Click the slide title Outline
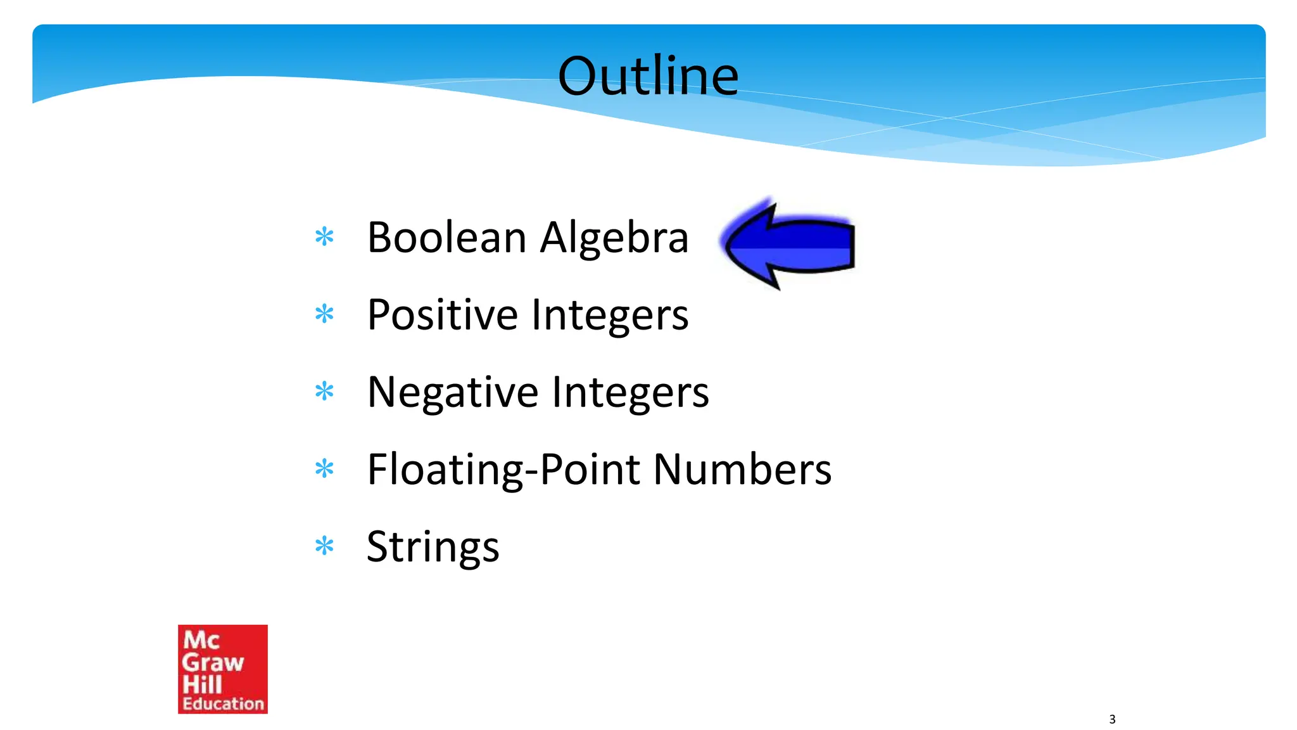(x=648, y=76)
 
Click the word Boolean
(x=447, y=238)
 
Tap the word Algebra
(x=614, y=239)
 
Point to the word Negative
(x=451, y=393)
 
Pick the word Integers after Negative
(x=630, y=393)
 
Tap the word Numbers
(x=742, y=470)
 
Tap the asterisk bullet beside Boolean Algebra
(x=324, y=237)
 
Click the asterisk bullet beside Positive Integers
(x=324, y=314)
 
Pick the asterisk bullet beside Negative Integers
(x=324, y=391)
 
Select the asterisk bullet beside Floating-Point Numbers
(x=324, y=469)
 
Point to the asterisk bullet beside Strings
(x=324, y=546)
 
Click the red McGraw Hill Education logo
(x=222, y=669)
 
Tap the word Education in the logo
(x=223, y=703)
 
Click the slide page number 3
(x=1112, y=719)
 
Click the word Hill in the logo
(x=202, y=684)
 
